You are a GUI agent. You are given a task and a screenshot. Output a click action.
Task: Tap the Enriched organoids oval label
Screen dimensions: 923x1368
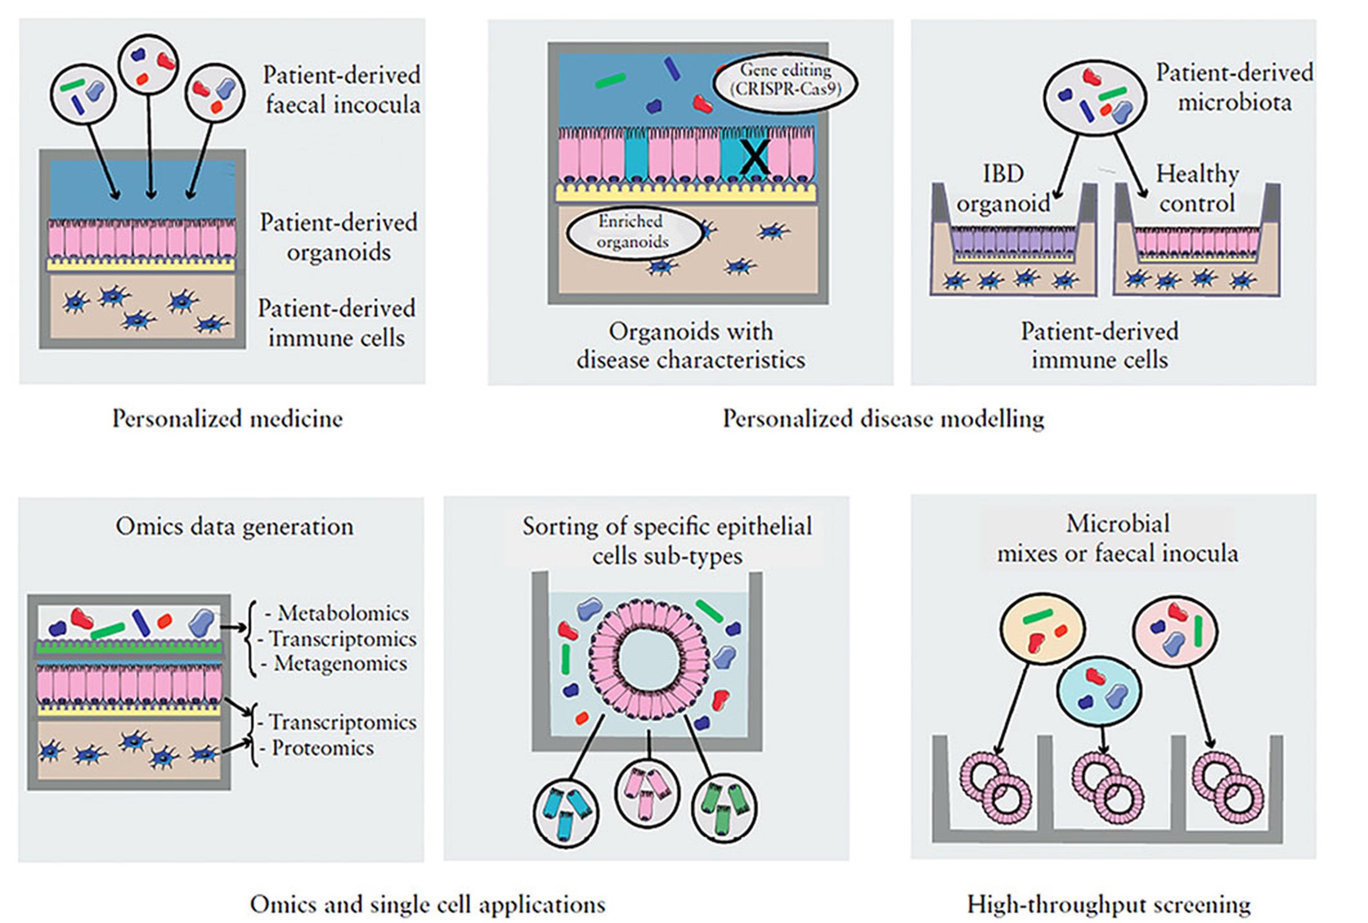(x=632, y=232)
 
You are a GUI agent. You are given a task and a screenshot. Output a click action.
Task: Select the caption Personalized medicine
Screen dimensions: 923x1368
(x=227, y=419)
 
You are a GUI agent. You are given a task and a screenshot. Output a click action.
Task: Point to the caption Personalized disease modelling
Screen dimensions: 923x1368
(x=883, y=419)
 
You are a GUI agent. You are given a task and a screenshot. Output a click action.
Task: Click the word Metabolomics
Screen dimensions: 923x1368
(x=343, y=613)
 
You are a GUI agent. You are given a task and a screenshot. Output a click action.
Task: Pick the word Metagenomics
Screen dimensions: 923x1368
(x=340, y=663)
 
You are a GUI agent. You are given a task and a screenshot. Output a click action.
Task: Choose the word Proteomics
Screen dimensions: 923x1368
(x=322, y=748)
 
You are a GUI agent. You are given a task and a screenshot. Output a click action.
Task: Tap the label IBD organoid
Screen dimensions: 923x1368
(x=1003, y=189)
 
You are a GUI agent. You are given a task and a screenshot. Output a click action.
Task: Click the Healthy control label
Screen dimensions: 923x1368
(x=1197, y=189)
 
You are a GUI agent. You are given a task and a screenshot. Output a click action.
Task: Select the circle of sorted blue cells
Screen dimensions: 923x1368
(x=566, y=812)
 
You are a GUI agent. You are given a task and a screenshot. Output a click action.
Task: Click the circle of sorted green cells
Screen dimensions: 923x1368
(x=724, y=808)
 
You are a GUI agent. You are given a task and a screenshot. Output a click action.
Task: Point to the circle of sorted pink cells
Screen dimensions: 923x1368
(x=647, y=792)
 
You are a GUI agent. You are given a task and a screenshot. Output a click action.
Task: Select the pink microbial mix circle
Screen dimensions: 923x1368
(x=1174, y=630)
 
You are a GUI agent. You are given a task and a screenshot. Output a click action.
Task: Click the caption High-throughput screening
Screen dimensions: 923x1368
(x=1108, y=905)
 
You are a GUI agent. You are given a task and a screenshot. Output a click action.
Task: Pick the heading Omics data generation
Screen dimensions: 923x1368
(x=234, y=526)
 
